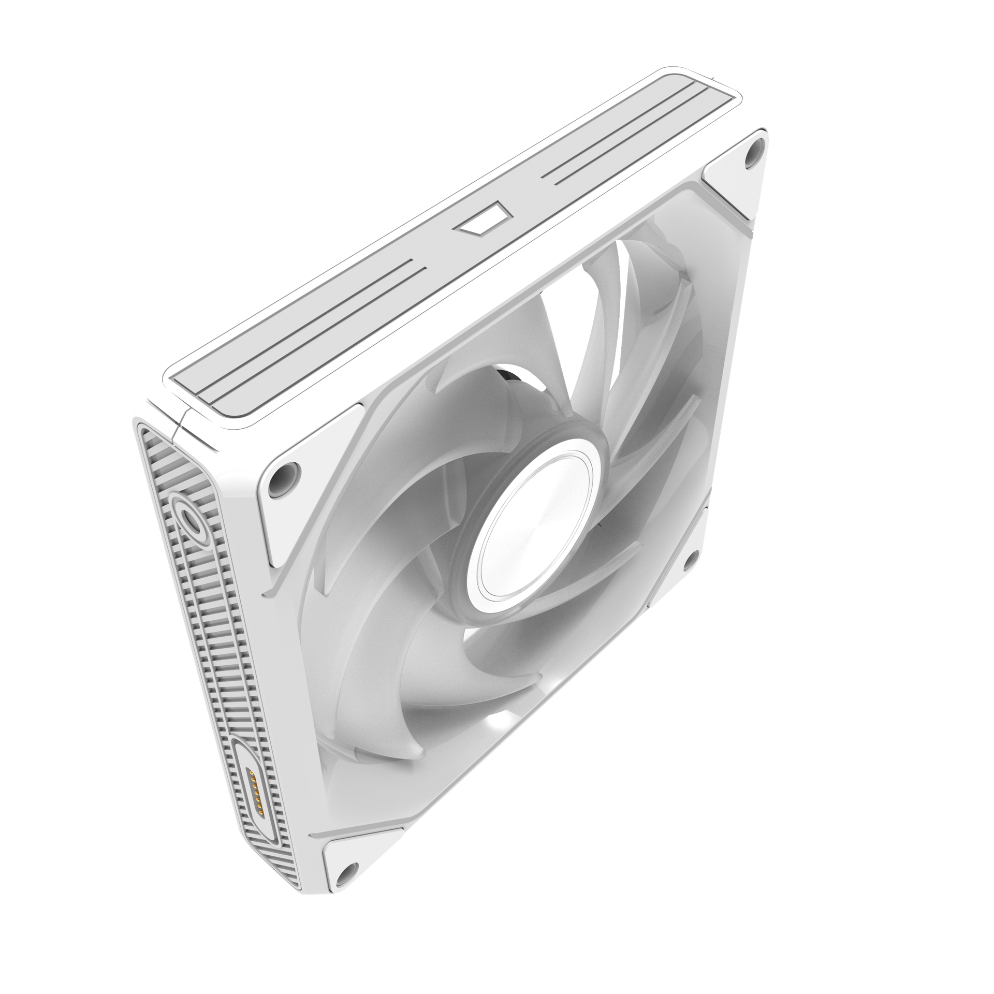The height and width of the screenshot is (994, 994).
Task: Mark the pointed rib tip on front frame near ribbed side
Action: pyautogui.click(x=267, y=590)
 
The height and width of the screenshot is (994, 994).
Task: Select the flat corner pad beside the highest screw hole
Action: pyautogui.click(x=725, y=192)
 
